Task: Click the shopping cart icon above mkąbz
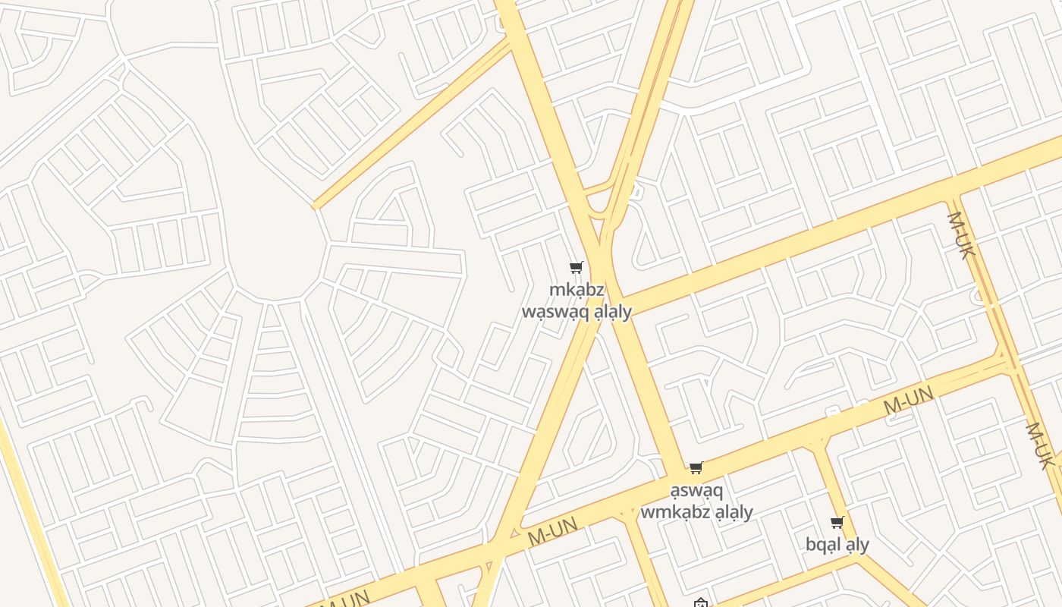coord(576,267)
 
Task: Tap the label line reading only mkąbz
coord(577,290)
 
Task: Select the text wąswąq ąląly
coord(577,311)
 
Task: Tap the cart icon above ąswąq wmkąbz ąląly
coord(696,467)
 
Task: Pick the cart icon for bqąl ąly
coord(837,522)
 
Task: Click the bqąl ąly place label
coord(837,544)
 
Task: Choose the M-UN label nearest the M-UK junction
coord(908,400)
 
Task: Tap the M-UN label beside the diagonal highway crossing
coord(552,530)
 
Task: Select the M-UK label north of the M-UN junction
coord(960,235)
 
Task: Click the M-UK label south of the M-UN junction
coord(1039,445)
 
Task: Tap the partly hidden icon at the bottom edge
coord(700,603)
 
